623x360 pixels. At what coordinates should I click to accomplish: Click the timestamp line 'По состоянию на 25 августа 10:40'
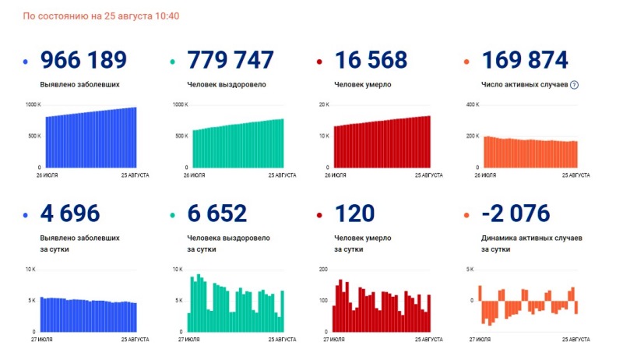pyautogui.click(x=101, y=16)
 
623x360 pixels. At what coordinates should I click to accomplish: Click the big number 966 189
pyautogui.click(x=83, y=60)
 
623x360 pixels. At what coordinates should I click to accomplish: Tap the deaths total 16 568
pyautogui.click(x=371, y=60)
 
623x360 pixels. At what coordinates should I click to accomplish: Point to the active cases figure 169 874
pyautogui.click(x=525, y=60)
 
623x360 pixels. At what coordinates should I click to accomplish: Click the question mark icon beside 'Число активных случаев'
pyautogui.click(x=574, y=84)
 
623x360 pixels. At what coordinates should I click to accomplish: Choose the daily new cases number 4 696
pyautogui.click(x=72, y=213)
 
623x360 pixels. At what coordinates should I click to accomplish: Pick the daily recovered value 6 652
pyautogui.click(x=217, y=213)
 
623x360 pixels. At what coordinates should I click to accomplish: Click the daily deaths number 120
pyautogui.click(x=354, y=213)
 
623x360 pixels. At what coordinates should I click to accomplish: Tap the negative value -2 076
pyautogui.click(x=516, y=213)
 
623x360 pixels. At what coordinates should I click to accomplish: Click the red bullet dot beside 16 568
pyautogui.click(x=320, y=62)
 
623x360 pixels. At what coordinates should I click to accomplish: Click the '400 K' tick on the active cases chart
pyautogui.click(x=471, y=104)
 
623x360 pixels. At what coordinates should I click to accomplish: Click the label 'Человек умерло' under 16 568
pyautogui.click(x=362, y=84)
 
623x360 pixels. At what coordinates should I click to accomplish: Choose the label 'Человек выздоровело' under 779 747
pyautogui.click(x=226, y=84)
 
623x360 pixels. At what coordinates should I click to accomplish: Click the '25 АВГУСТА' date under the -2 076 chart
pyautogui.click(x=574, y=340)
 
